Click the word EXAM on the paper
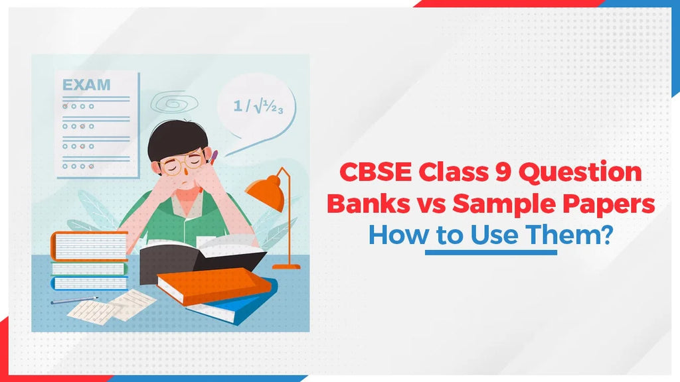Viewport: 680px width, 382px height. click(x=86, y=86)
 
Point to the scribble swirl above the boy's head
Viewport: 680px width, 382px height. click(x=170, y=103)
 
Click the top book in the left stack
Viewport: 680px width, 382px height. click(x=89, y=243)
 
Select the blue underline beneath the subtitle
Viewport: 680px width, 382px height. click(x=491, y=253)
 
